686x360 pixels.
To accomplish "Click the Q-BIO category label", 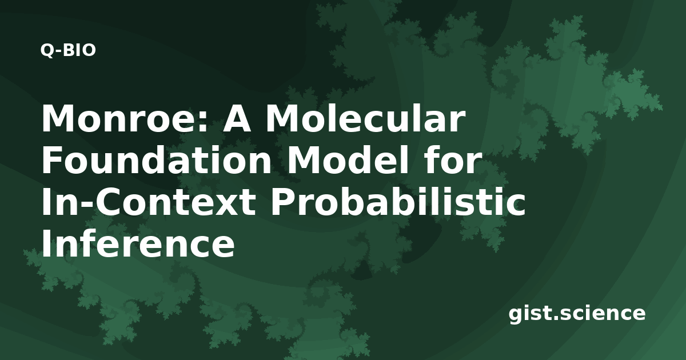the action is click(68, 50).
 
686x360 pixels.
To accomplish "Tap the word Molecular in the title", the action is click(365, 118).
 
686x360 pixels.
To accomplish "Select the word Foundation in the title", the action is click(156, 160).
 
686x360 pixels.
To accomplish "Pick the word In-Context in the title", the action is click(149, 202).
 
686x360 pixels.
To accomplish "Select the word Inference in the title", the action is click(138, 243).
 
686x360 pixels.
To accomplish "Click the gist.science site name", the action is click(577, 314).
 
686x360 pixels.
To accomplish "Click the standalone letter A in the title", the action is click(237, 119).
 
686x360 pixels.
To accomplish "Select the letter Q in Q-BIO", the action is click(46, 51).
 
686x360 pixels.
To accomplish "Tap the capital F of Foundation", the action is click(52, 160).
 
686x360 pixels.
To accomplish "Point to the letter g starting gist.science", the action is click(516, 315).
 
